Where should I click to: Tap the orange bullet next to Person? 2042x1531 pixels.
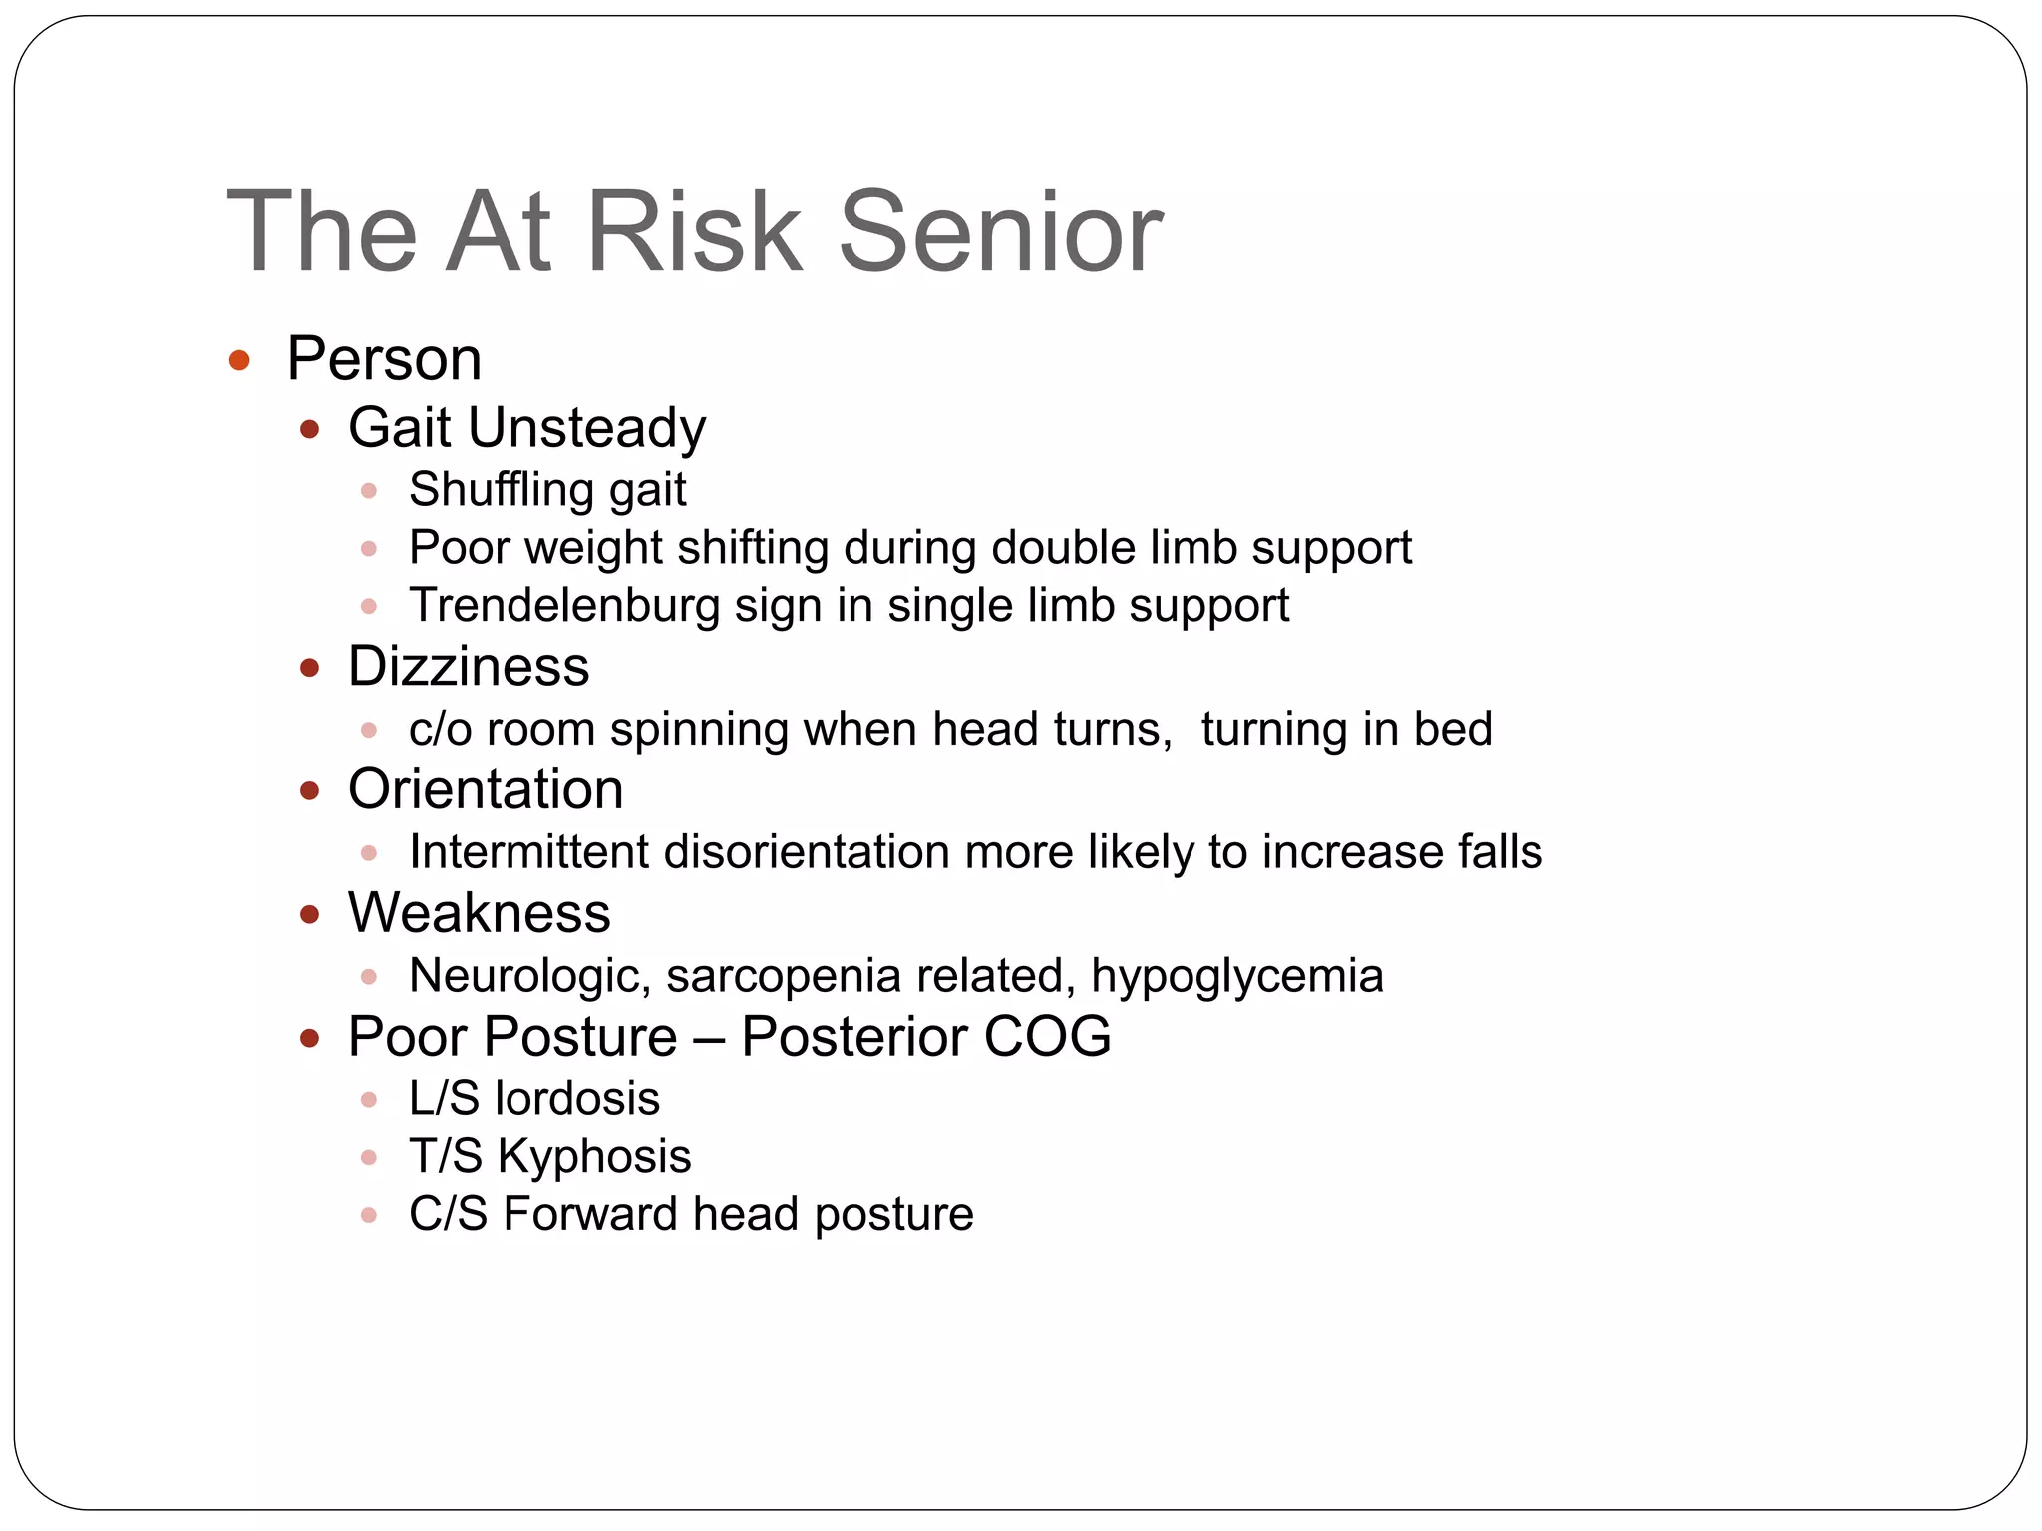tap(239, 360)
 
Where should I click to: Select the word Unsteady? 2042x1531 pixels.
tap(586, 428)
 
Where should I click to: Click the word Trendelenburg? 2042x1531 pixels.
tap(564, 606)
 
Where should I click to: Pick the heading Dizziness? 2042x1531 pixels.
tap(469, 666)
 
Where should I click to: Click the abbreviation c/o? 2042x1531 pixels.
tap(440, 729)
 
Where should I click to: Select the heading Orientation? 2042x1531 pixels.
tap(486, 789)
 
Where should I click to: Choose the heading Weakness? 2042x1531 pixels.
tap(479, 913)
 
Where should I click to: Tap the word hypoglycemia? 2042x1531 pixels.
tap(1236, 976)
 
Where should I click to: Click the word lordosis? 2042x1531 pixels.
tap(577, 1099)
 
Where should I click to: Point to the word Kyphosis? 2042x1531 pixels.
tap(594, 1157)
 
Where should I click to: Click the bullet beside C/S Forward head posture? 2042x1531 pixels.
tap(369, 1215)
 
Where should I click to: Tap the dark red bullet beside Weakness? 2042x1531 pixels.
tap(310, 914)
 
